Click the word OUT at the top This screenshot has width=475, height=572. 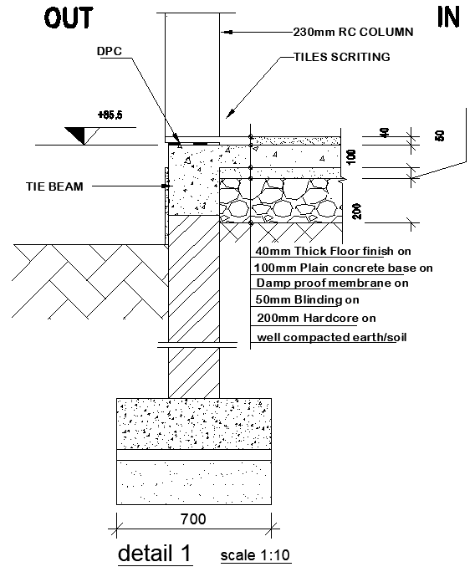69,18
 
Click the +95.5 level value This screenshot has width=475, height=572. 110,115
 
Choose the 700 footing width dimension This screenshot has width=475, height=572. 193,519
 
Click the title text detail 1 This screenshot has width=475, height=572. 155,553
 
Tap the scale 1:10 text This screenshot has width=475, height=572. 256,555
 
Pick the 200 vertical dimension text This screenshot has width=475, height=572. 358,211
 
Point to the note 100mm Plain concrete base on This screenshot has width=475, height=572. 344,268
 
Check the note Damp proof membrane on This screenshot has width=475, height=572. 332,284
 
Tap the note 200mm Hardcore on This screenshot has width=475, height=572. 316,318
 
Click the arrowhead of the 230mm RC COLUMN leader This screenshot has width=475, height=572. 222,33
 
